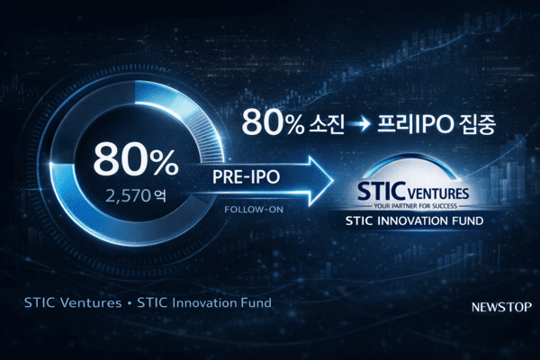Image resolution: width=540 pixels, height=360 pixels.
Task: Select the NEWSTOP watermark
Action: tap(500, 307)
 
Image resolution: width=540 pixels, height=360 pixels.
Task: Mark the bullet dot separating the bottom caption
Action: tap(130, 303)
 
